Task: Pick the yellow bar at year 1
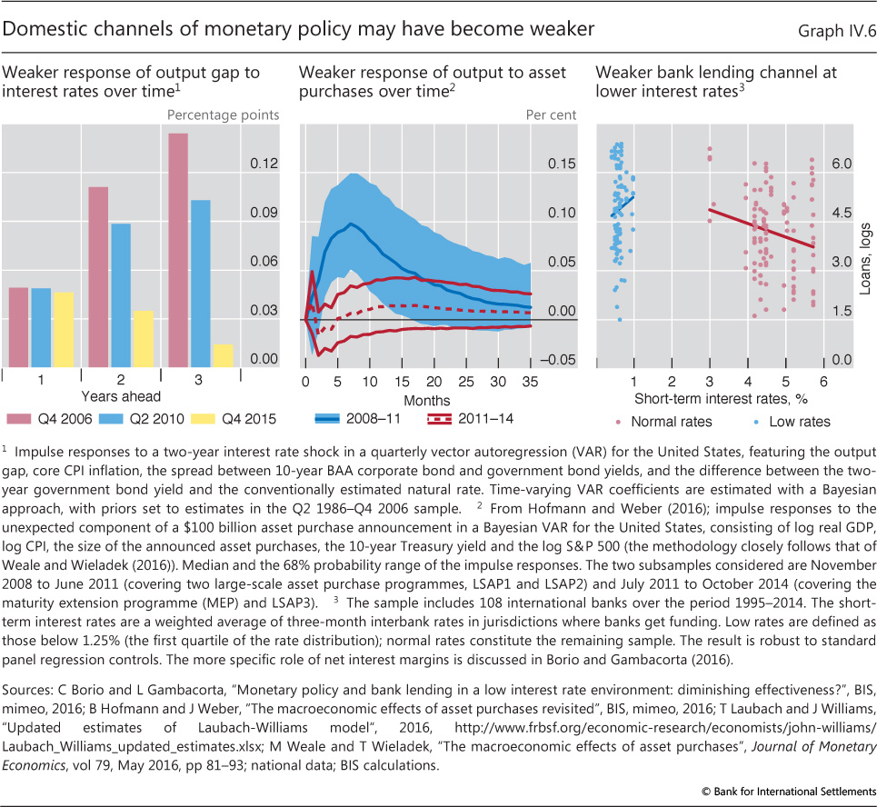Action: pos(63,327)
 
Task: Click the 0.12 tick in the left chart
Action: pos(264,164)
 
